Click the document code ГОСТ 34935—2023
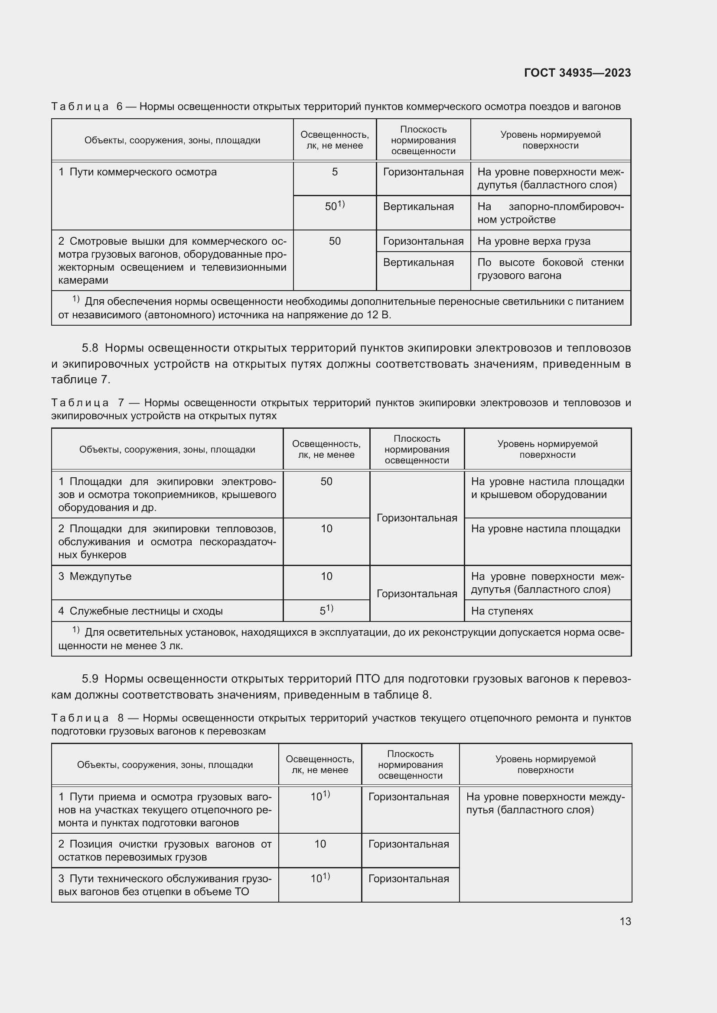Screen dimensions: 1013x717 click(x=577, y=73)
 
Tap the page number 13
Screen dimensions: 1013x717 click(x=625, y=921)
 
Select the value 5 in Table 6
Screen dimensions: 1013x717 click(x=335, y=172)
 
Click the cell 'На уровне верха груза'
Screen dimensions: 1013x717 click(x=533, y=241)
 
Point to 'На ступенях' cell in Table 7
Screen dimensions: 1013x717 click(x=502, y=611)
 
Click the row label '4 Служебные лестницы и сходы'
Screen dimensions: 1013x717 click(x=140, y=611)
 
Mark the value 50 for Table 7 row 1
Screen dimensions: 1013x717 click(x=326, y=481)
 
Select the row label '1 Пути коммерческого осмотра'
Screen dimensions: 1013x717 click(x=137, y=172)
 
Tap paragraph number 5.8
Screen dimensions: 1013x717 click(x=90, y=348)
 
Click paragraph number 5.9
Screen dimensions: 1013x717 click(x=90, y=679)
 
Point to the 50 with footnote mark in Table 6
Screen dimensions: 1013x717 click(x=334, y=206)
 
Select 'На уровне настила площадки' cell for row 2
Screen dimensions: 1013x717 click(x=545, y=529)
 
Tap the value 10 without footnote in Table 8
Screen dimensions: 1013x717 click(x=320, y=844)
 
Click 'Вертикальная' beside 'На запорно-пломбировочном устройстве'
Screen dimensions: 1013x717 click(x=418, y=207)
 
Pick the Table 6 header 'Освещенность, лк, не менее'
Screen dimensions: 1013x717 click(x=335, y=140)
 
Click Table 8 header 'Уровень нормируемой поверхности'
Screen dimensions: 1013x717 click(x=545, y=764)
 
